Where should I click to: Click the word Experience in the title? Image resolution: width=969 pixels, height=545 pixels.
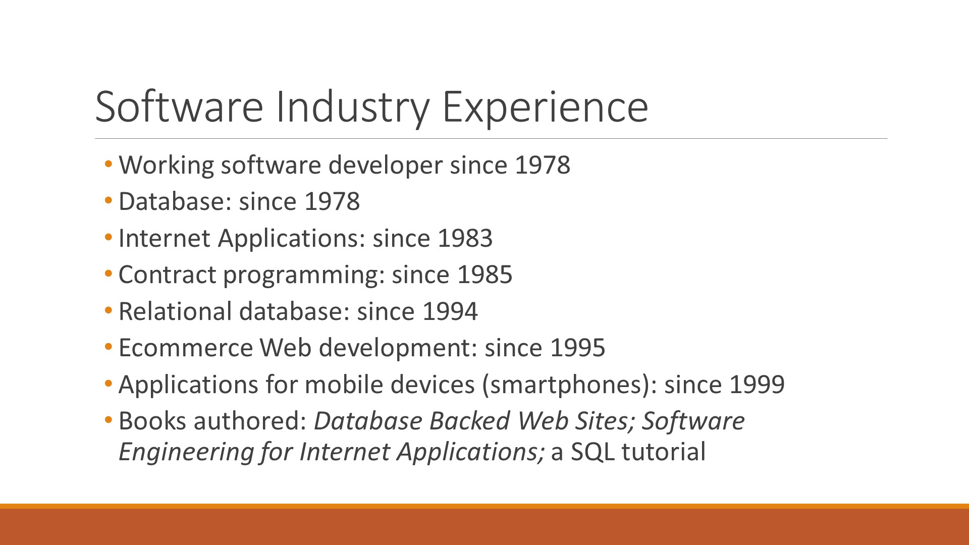click(x=545, y=108)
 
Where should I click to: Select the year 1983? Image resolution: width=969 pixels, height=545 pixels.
click(x=465, y=239)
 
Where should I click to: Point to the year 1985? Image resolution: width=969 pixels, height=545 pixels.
click(x=485, y=275)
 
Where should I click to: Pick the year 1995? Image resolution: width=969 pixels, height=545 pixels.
click(x=578, y=348)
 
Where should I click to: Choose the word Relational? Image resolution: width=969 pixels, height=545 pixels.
click(x=175, y=312)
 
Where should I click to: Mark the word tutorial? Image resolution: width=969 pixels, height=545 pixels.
click(x=664, y=452)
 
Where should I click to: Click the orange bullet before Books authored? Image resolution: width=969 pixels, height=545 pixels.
click(x=109, y=420)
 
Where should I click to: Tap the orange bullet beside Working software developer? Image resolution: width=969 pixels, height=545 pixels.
click(x=109, y=165)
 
